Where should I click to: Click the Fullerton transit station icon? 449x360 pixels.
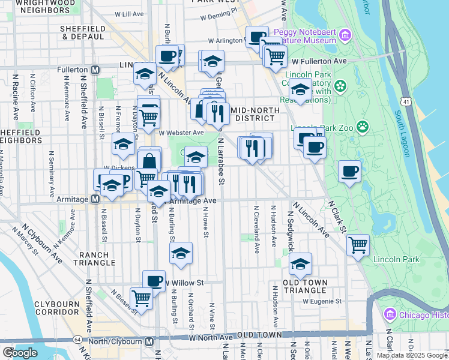coord(94,70)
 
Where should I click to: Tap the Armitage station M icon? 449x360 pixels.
coord(94,200)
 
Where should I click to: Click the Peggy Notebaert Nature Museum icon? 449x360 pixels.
coord(345,35)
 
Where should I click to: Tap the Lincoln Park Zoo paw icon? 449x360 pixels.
coord(362,127)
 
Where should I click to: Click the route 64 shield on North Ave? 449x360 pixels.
coord(78,340)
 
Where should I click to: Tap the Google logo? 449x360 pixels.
coord(20,353)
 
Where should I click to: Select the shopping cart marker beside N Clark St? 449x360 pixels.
coord(358,245)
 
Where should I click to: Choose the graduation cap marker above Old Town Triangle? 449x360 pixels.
coord(300,263)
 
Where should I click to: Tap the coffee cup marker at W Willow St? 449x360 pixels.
coord(154,280)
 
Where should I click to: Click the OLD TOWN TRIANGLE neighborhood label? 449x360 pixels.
coord(309,287)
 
